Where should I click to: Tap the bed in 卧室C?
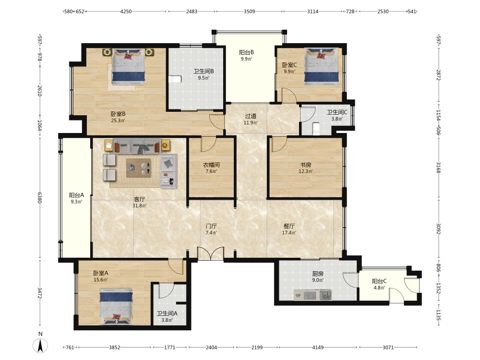(322, 67)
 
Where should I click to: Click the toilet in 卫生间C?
(316, 129)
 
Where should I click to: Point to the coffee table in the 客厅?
(138, 168)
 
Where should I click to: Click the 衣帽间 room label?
(211, 165)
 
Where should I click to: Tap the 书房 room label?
(305, 165)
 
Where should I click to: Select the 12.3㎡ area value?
(305, 171)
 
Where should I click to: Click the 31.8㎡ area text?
(139, 206)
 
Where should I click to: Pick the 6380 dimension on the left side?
(40, 197)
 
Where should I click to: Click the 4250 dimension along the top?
(126, 12)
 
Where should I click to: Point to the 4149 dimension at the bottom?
(318, 347)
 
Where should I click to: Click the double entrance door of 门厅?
(211, 253)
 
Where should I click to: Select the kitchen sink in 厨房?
(325, 295)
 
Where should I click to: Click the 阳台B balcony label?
(246, 52)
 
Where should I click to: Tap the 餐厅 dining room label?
(289, 226)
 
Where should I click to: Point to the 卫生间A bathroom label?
(167, 313)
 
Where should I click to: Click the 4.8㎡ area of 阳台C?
(379, 288)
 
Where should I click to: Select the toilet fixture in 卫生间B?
(175, 79)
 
